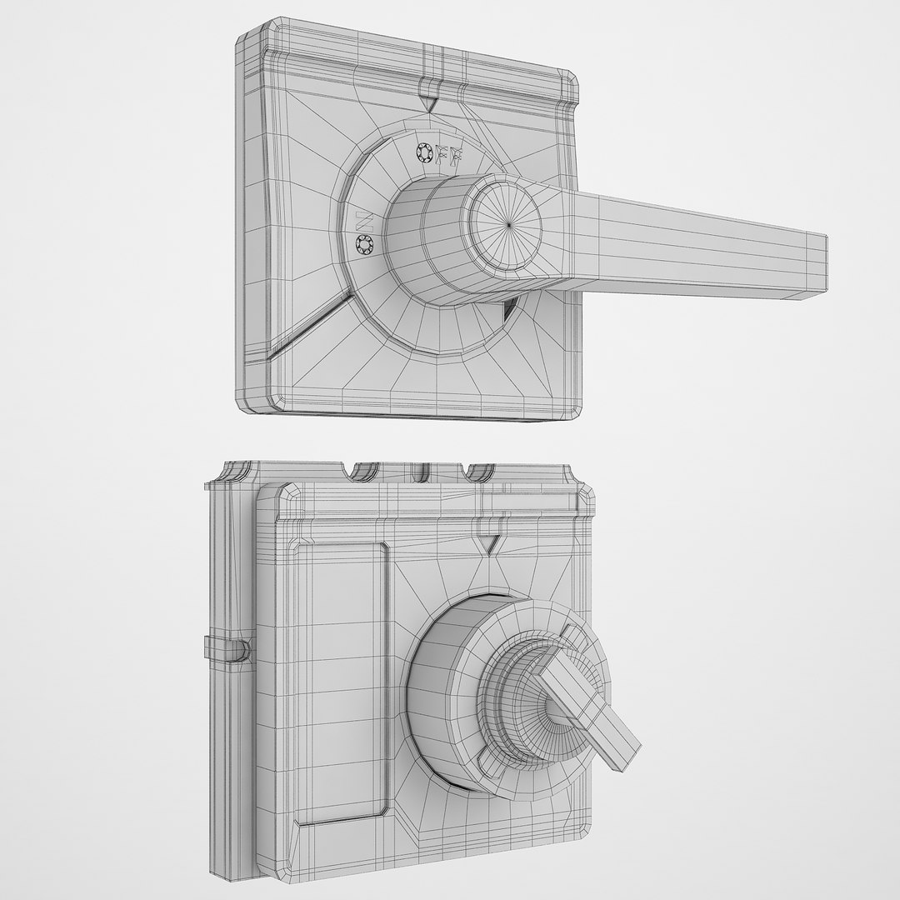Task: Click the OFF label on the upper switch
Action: click(440, 155)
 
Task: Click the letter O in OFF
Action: click(422, 151)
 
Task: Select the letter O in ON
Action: click(365, 244)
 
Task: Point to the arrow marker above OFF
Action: click(430, 103)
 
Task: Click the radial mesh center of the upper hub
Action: click(509, 223)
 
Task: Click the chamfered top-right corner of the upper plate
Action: click(569, 82)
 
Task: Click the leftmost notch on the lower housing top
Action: click(363, 472)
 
